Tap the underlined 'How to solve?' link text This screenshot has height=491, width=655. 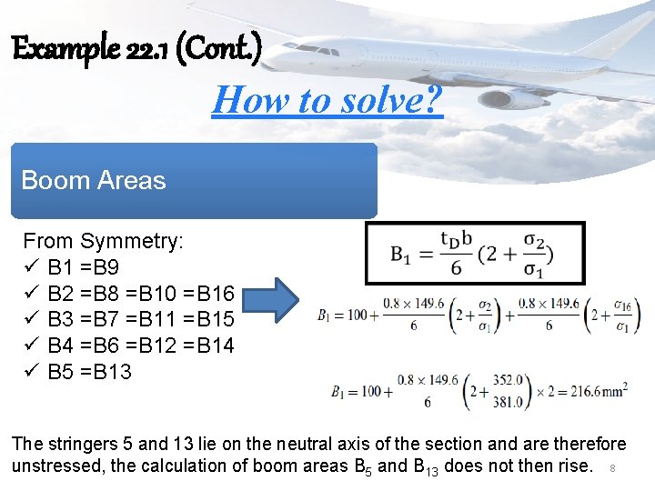pos(327,99)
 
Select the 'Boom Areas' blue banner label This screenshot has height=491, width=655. pos(94,180)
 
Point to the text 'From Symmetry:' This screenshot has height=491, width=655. pos(103,241)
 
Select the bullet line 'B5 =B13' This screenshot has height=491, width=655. pos(89,371)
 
